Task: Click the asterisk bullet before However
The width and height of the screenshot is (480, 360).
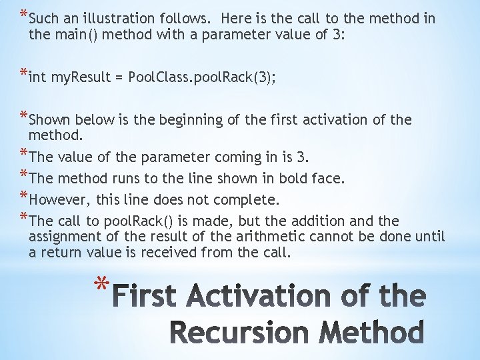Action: (24, 197)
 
